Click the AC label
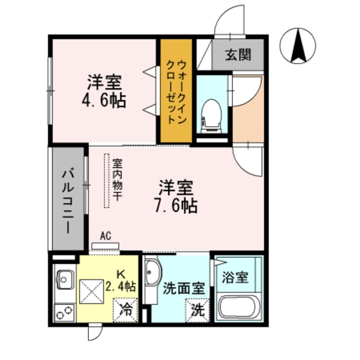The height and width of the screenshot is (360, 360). [104, 236]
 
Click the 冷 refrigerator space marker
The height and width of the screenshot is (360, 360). [127, 309]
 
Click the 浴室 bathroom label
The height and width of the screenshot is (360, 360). [235, 277]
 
